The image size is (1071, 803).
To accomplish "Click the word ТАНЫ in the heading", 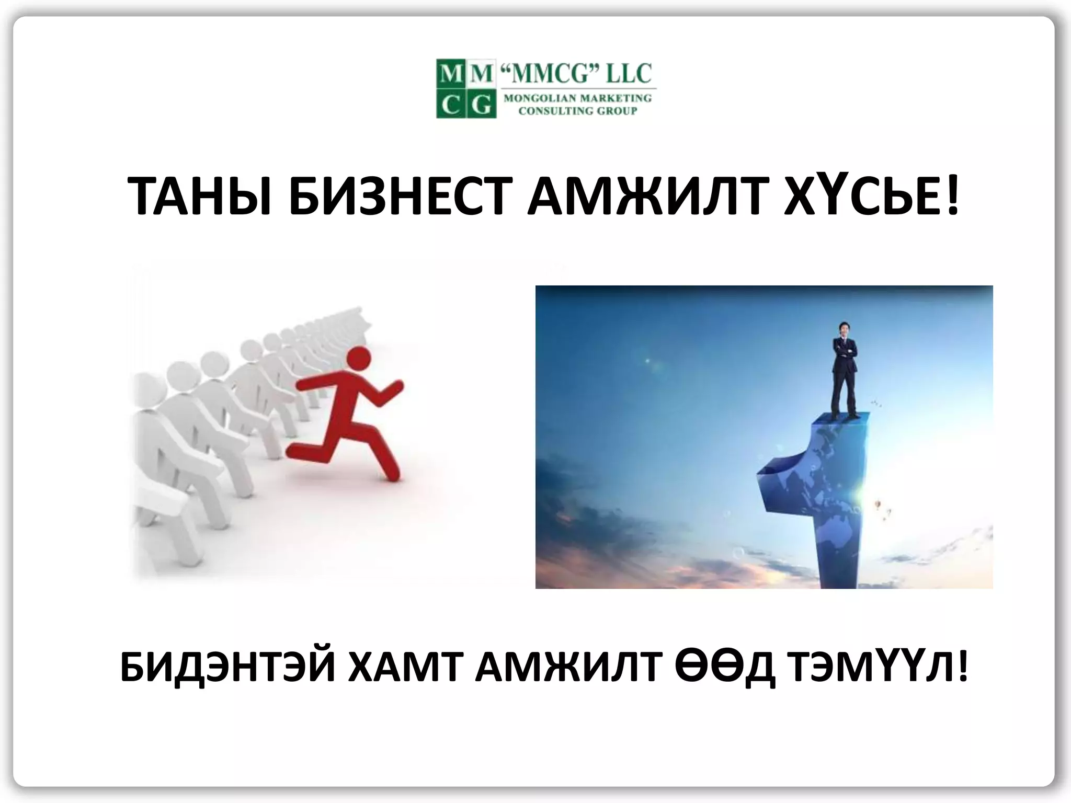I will (199, 196).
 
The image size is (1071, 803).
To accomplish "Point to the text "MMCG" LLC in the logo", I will (576, 74).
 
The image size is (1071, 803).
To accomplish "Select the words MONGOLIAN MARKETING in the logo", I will (577, 98).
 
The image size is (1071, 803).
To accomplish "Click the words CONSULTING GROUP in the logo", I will (577, 111).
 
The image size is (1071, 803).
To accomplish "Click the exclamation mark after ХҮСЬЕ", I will (952, 196).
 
